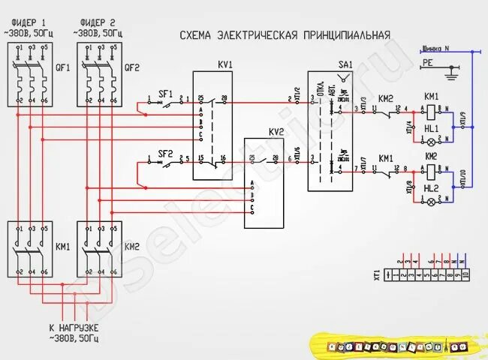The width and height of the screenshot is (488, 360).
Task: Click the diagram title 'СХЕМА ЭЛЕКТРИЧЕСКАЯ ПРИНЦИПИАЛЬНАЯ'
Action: point(285,35)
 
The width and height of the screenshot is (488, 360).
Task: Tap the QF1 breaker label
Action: point(62,67)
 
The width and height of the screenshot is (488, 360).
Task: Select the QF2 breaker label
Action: point(132,67)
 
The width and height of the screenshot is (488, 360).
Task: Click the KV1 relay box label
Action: point(224,65)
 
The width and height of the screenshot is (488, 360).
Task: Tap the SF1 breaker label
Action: point(165,94)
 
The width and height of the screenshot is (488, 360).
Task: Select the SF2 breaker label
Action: point(165,154)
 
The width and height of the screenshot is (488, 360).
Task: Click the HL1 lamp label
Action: point(431,129)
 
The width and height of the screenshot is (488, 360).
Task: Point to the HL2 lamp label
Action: point(431,188)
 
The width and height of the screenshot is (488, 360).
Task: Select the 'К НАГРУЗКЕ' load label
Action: point(74,328)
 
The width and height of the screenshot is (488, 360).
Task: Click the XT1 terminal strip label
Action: point(378,274)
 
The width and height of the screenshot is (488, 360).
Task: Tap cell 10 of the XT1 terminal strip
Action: point(465,275)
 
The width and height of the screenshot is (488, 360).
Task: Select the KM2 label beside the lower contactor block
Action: point(131,246)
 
